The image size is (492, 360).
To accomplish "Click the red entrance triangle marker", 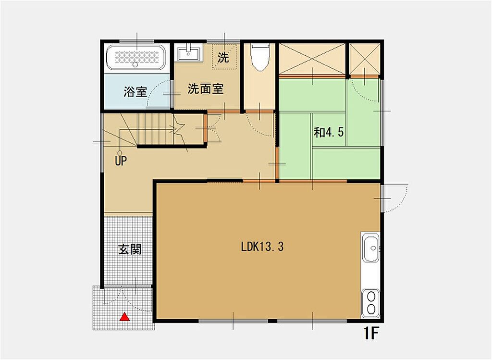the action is coord(125,317).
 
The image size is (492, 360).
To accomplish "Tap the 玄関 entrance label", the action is coord(130,249).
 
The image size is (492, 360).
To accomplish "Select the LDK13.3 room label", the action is coord(262,247).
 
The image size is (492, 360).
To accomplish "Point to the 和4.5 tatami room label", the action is coord(329,133).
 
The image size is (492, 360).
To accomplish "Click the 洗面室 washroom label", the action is coord(206,89).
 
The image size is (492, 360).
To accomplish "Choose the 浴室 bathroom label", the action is coord(135,91).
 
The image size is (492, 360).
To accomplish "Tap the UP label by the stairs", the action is coord(121,161).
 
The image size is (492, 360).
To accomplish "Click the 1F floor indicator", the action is coord(370,333).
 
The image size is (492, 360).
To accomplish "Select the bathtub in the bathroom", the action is coord(136,58).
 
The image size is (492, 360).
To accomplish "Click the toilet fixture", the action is coord(260,57).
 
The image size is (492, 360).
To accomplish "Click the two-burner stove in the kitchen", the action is coord(370,303).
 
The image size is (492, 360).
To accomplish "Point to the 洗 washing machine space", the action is coord(224,57).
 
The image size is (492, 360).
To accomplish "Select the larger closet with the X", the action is coord(312,59).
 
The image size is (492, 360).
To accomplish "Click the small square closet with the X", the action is coord(364,59).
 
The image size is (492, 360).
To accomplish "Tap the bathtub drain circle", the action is coord(135,65).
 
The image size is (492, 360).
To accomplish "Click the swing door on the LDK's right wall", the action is coord(394,199).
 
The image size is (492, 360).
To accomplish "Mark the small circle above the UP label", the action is coord(120,153).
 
